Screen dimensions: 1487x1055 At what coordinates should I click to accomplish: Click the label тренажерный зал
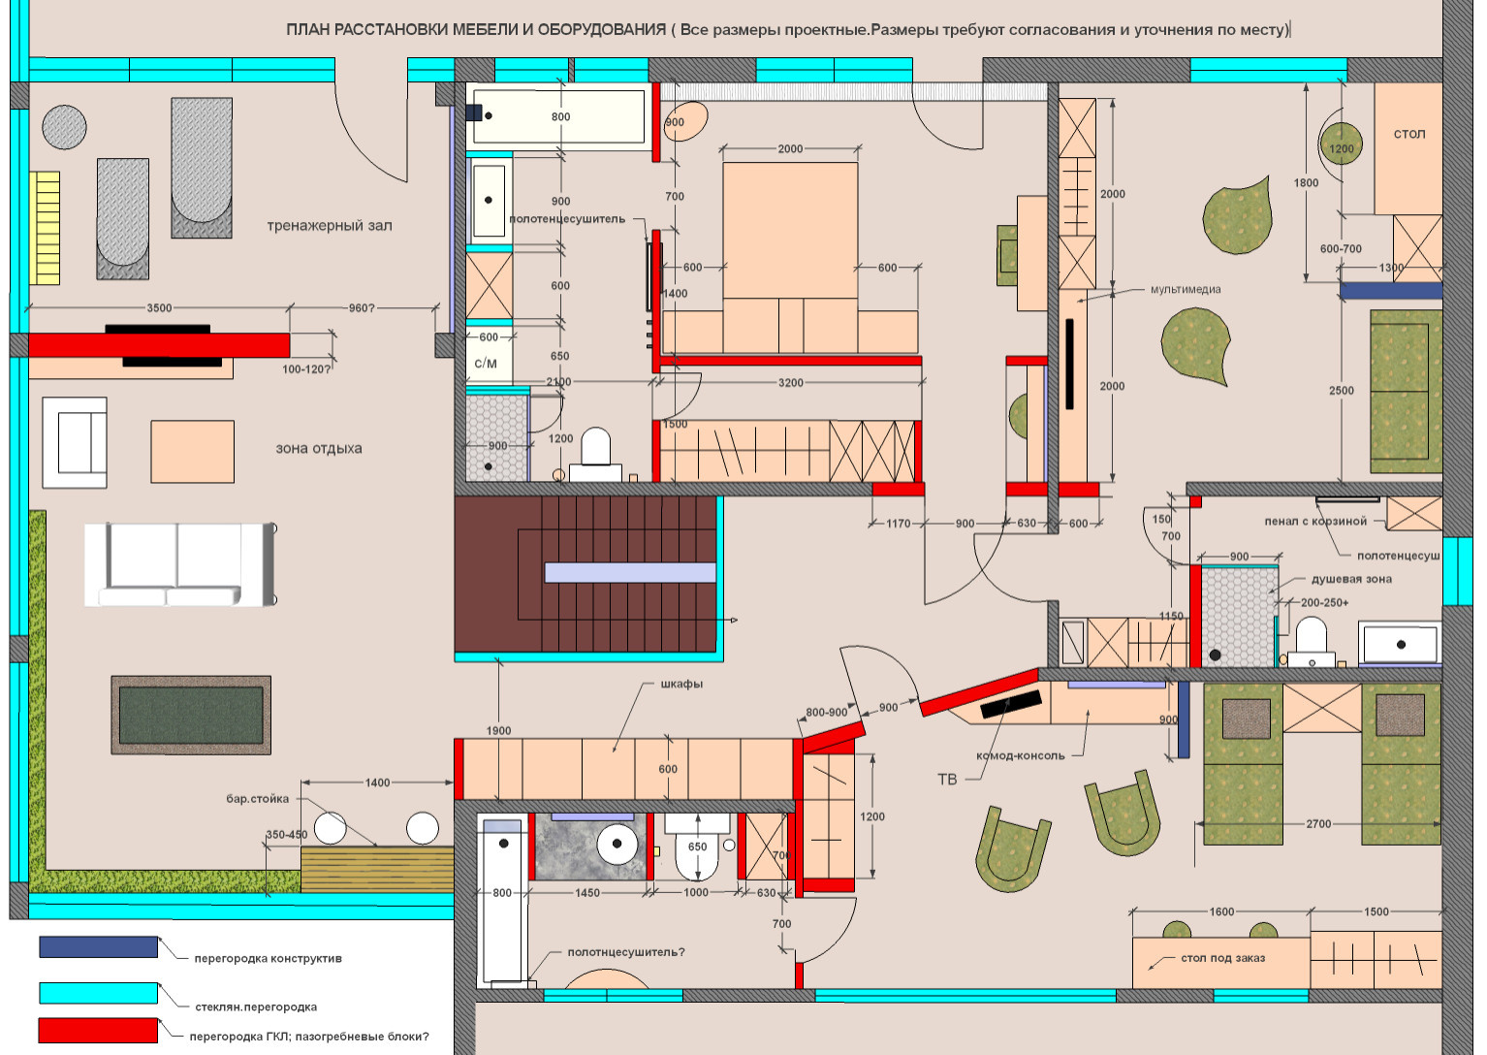(x=330, y=226)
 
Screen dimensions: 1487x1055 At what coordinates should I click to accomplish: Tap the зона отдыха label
(x=319, y=449)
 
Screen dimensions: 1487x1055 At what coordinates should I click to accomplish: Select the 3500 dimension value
(x=159, y=308)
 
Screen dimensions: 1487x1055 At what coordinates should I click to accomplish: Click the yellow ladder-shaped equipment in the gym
(x=45, y=228)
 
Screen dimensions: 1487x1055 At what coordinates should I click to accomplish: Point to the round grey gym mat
(x=64, y=127)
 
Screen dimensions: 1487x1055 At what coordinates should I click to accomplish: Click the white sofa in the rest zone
(x=180, y=564)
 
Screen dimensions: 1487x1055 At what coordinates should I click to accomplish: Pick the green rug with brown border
(x=191, y=715)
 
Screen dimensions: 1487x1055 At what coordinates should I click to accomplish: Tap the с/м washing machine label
(x=486, y=364)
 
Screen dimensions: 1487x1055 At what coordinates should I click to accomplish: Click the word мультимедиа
(x=1186, y=290)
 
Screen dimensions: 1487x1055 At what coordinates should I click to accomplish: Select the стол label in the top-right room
(x=1408, y=134)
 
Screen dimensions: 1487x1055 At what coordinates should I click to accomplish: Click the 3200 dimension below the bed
(x=791, y=383)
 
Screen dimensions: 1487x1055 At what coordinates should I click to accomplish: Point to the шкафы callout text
(x=681, y=684)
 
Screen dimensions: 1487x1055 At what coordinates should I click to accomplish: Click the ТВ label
(x=947, y=780)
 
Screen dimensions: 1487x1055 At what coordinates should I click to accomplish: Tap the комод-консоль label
(x=1021, y=755)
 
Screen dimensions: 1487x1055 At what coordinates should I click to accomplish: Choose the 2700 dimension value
(x=1318, y=824)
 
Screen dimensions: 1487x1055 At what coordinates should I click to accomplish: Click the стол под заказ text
(x=1222, y=958)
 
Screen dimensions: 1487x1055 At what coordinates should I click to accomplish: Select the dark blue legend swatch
(x=98, y=946)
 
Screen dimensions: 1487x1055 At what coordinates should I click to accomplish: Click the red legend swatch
(x=98, y=1031)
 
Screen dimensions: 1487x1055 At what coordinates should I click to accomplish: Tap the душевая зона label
(x=1351, y=579)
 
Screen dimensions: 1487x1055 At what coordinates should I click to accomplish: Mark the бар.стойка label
(x=258, y=799)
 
